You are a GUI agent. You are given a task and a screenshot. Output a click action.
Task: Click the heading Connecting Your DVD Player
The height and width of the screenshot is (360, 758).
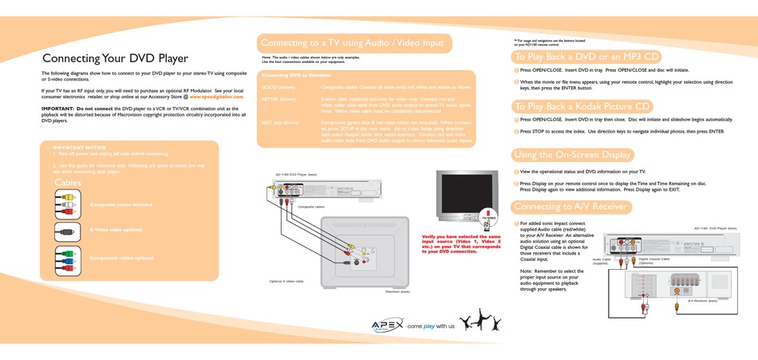click(115, 58)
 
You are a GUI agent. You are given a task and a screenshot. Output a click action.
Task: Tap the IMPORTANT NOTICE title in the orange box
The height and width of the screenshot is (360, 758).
click(79, 148)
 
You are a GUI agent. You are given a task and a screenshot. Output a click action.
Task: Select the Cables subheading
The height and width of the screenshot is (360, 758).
click(68, 182)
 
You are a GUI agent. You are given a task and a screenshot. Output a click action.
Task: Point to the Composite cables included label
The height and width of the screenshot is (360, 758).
click(121, 204)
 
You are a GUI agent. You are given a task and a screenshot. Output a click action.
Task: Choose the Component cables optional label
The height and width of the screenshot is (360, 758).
click(122, 258)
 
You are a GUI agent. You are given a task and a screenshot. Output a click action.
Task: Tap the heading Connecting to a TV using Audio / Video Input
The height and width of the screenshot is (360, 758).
click(351, 42)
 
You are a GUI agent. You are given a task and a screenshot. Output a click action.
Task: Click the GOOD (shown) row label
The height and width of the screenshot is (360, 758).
click(278, 86)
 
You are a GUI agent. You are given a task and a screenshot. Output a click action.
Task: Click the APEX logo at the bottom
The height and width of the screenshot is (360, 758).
click(387, 324)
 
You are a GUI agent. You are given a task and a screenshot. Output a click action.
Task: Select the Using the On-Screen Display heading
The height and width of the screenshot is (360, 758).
click(573, 155)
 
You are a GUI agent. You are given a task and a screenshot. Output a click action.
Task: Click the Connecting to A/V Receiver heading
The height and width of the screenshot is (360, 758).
click(570, 207)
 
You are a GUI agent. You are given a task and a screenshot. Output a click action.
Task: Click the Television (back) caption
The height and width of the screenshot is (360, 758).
click(397, 292)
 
